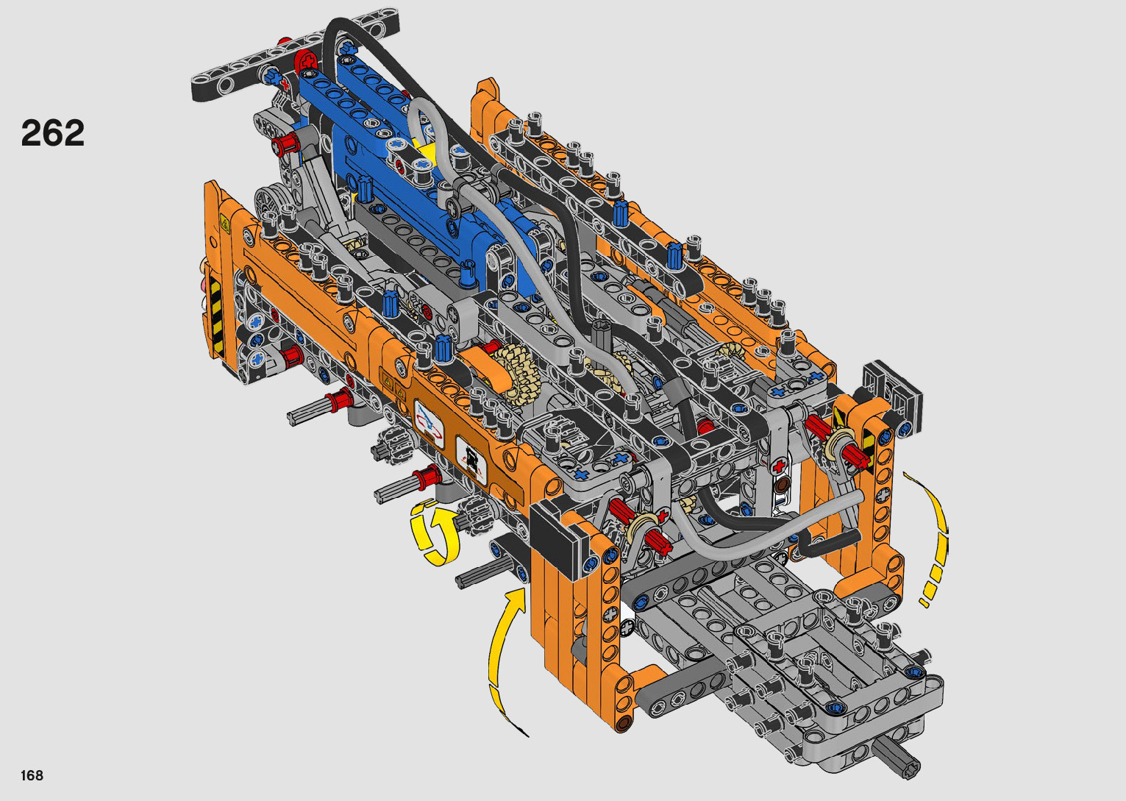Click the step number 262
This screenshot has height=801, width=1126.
point(52,132)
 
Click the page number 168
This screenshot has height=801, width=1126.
point(32,775)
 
